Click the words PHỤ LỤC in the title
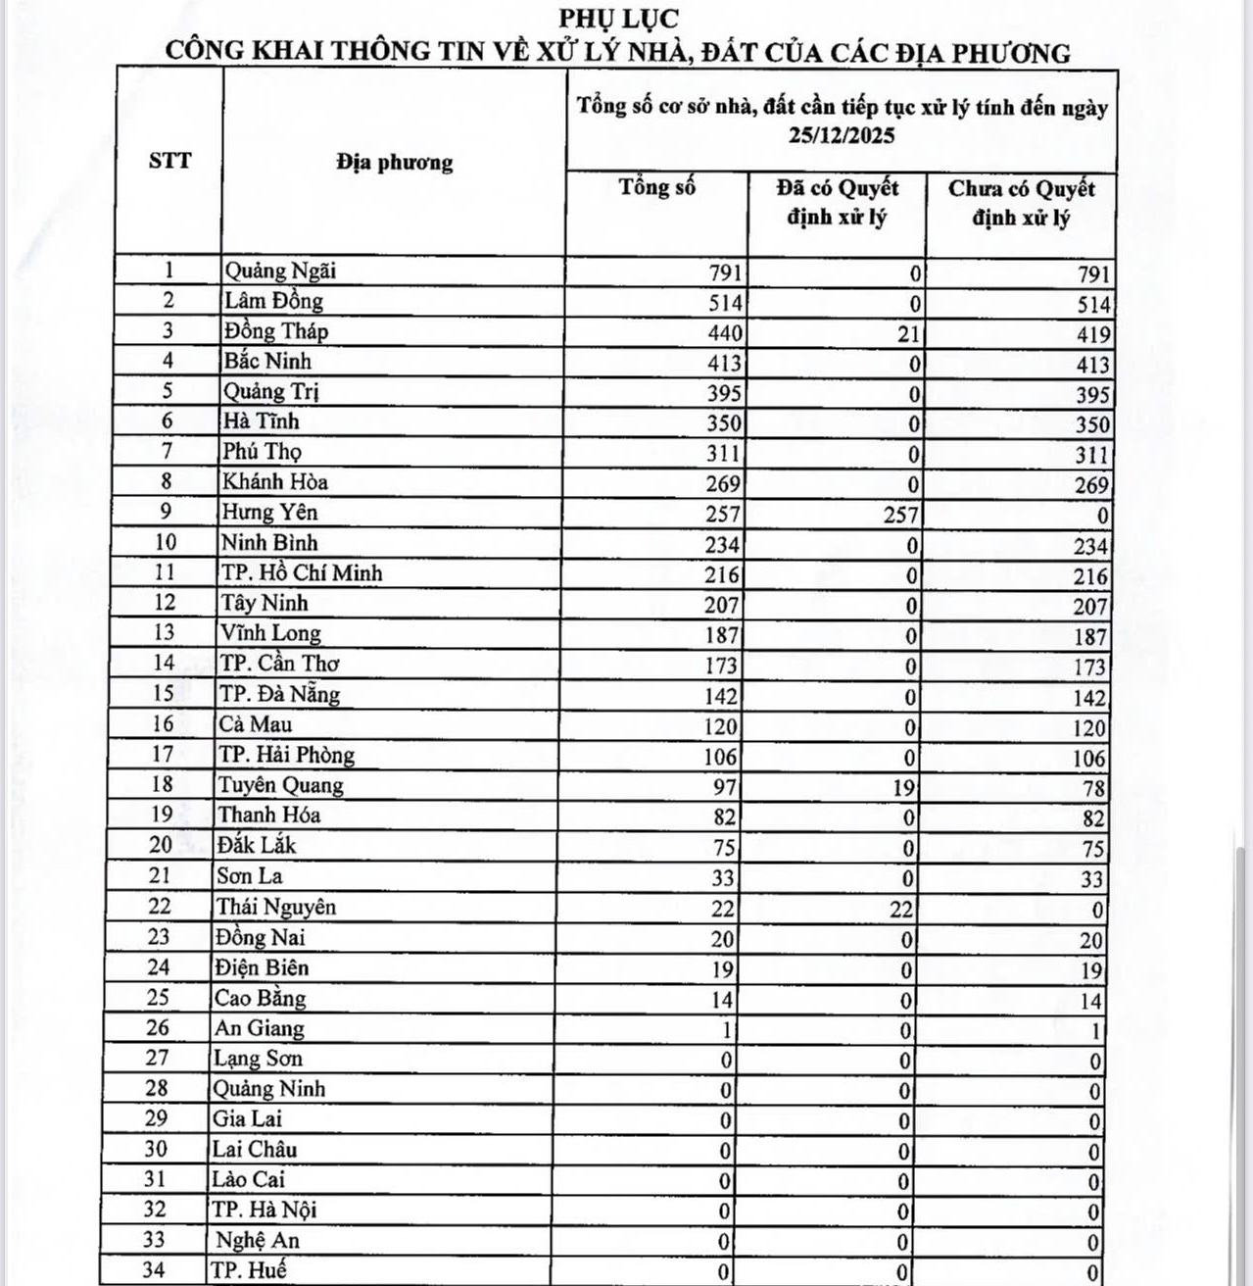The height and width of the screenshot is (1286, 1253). point(618,19)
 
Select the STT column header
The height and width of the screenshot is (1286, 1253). point(169,161)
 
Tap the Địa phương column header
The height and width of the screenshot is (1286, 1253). point(394,162)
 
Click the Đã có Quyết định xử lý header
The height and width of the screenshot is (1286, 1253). point(837,202)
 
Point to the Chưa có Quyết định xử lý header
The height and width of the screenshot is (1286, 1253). point(1021,203)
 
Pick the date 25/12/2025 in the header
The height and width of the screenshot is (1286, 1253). point(842,135)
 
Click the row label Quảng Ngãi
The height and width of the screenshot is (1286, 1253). point(280,271)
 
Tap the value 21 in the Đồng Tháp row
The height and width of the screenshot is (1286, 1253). point(908,334)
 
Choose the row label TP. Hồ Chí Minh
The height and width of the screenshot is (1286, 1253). point(301,573)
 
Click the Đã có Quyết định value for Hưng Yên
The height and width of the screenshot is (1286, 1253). point(900,515)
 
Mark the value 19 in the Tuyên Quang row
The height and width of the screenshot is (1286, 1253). point(903,787)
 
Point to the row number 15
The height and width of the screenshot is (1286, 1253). point(163,693)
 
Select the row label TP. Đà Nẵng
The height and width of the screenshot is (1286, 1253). point(279,694)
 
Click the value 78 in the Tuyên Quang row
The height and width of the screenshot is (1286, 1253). point(1093,788)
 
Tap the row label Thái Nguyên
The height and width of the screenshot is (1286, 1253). point(276,907)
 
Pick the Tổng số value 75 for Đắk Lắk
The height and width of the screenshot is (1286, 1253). point(723,848)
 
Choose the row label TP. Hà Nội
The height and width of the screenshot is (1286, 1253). point(265,1210)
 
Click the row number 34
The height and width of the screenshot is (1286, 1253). point(154,1269)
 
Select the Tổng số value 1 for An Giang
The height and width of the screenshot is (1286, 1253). point(726,1030)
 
